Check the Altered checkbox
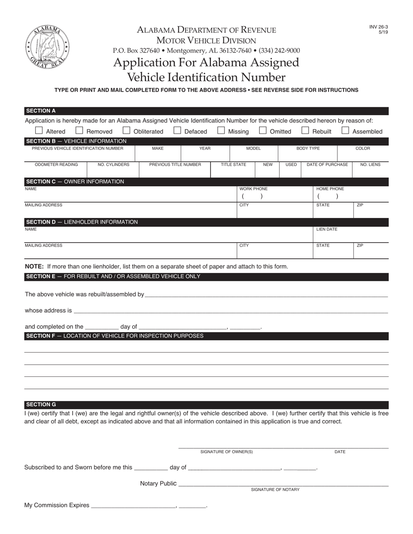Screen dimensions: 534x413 [x=39, y=130]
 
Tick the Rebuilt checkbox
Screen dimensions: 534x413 [x=305, y=130]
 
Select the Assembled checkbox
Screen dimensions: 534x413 [x=345, y=130]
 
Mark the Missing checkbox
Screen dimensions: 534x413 [x=221, y=130]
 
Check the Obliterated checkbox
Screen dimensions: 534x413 [x=127, y=130]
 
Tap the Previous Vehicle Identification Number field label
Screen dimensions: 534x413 [x=77, y=148]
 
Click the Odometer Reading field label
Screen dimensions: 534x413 [x=56, y=165]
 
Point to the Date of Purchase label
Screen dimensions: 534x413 [x=327, y=165]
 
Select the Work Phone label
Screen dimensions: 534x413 [x=253, y=189]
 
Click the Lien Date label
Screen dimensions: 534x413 [x=326, y=229]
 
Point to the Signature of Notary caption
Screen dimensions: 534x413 [x=275, y=490]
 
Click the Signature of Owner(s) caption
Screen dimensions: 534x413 [x=226, y=452]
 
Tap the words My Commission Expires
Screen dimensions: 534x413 [x=57, y=505]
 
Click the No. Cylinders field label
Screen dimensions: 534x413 [x=113, y=165]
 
